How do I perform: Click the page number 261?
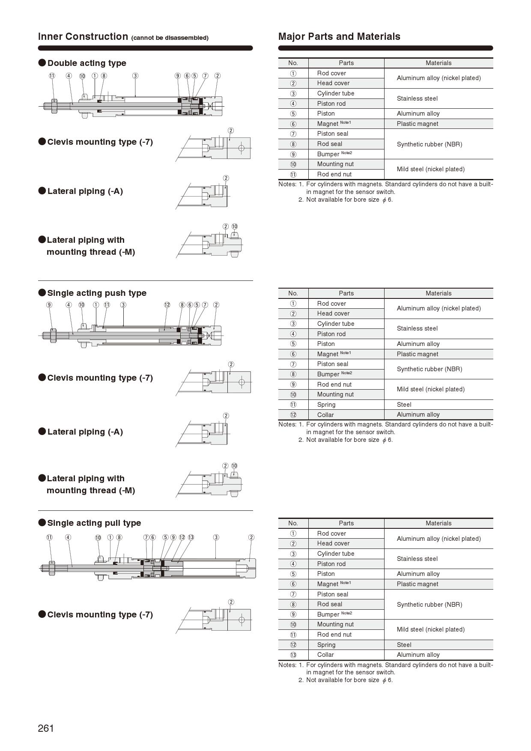46,728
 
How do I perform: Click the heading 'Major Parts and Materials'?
339,37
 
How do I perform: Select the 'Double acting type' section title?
87,63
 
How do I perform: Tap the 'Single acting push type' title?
96,293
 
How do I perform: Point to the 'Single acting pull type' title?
94,523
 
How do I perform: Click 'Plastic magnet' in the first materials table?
418,124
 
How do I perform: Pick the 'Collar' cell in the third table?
325,655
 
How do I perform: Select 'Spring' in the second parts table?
326,405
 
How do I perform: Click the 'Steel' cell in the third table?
404,645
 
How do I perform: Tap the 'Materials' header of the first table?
439,63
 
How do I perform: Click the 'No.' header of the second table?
293,293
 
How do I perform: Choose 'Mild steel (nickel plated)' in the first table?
430,169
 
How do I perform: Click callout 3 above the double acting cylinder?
135,76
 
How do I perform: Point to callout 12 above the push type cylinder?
167,305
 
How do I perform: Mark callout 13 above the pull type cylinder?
191,537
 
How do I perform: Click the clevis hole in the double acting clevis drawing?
242,149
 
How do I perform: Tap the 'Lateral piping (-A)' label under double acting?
85,191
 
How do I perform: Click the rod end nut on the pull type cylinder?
52,568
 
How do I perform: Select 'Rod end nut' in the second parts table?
334,384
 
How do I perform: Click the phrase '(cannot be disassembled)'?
170,38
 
